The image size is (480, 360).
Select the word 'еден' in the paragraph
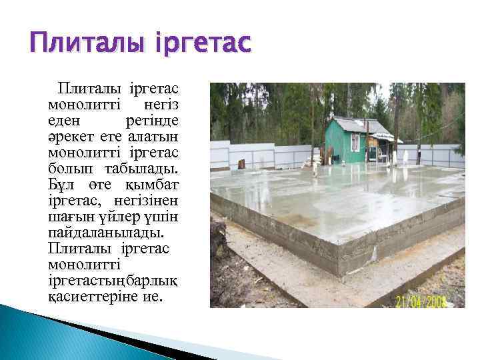click(64, 121)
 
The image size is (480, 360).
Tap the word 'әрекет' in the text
click(69, 136)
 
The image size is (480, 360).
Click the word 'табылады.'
click(146, 167)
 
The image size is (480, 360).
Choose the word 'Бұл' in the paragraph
click(61, 183)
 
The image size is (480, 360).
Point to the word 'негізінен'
click(153, 199)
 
